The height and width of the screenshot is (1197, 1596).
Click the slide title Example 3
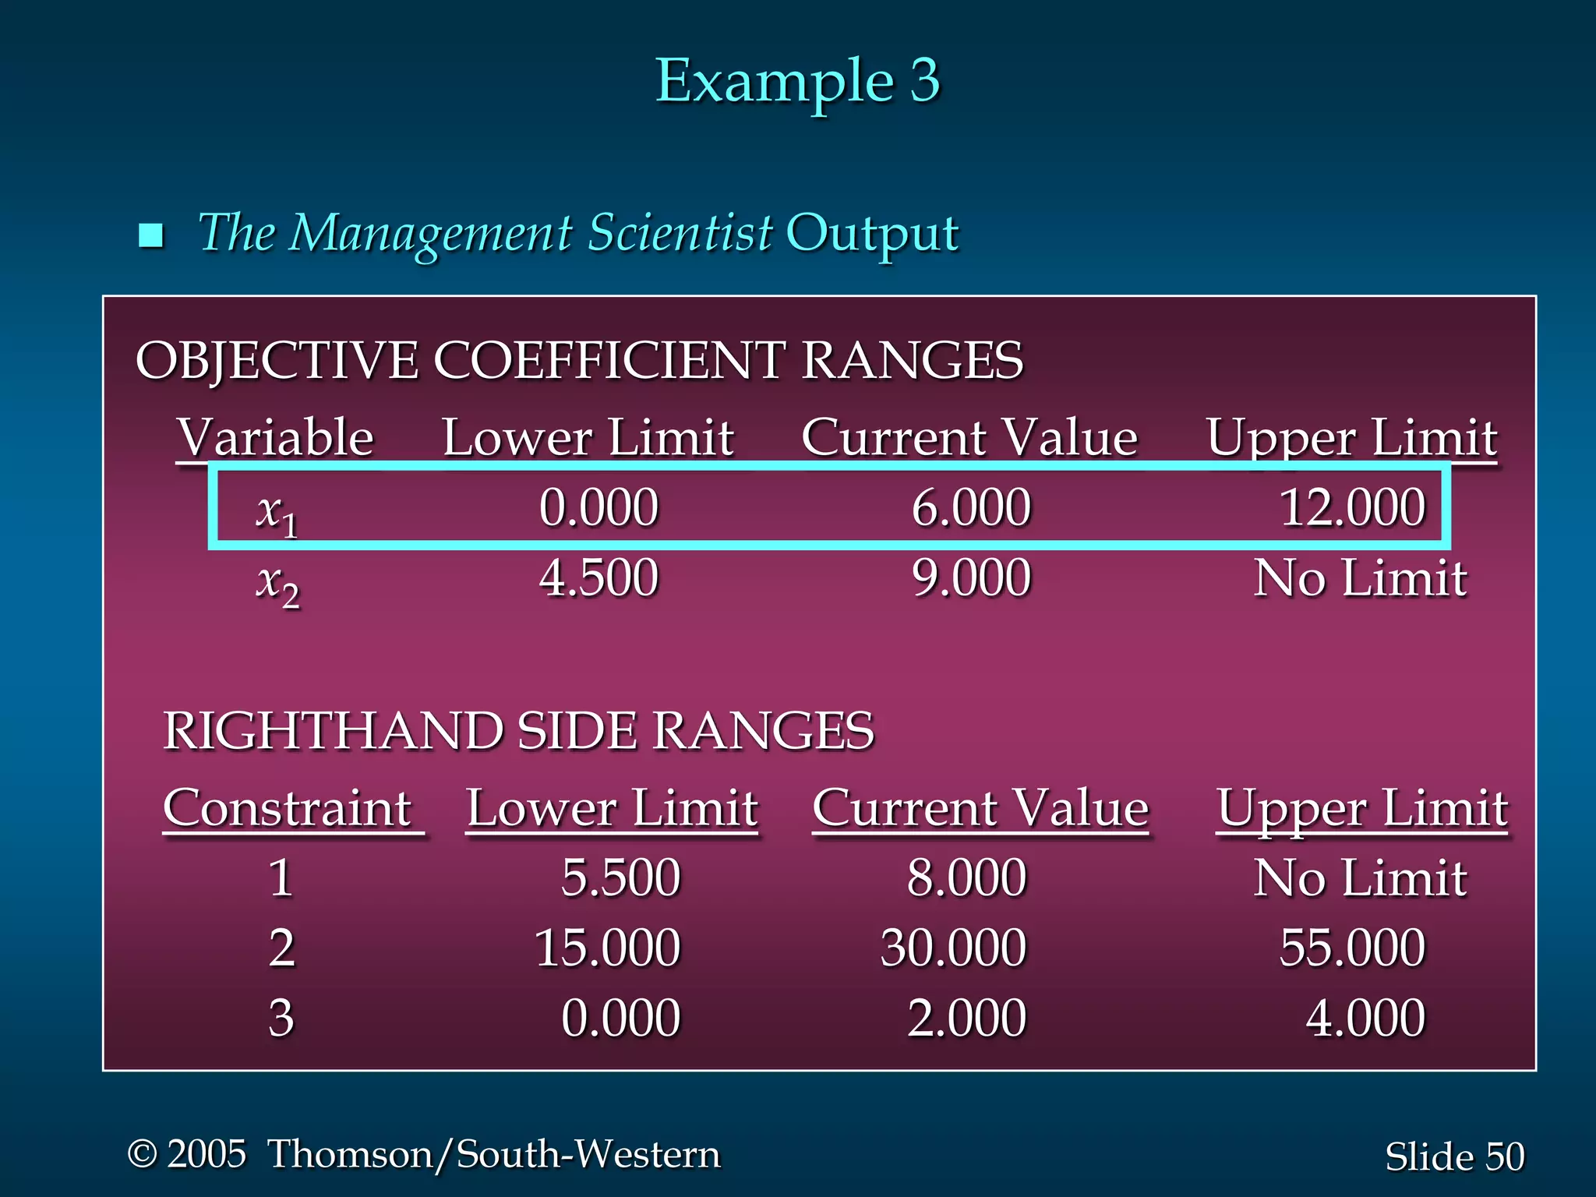pyautogui.click(x=797, y=81)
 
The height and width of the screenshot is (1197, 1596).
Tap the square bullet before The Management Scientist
pyautogui.click(x=150, y=235)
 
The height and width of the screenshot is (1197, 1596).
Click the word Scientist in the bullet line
pyautogui.click(x=680, y=232)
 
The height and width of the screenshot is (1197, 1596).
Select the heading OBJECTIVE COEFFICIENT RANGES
pyautogui.click(x=579, y=361)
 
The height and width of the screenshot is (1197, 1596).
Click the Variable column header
pyautogui.click(x=275, y=437)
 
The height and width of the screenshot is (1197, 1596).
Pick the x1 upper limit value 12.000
pyautogui.click(x=1352, y=507)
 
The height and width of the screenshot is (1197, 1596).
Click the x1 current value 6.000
pyautogui.click(x=971, y=507)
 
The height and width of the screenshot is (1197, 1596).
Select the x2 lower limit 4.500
pyautogui.click(x=598, y=578)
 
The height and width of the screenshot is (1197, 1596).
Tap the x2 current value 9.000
pyautogui.click(x=971, y=578)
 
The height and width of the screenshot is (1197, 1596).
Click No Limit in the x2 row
pyautogui.click(x=1360, y=578)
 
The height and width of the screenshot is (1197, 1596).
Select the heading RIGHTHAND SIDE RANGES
pyautogui.click(x=518, y=731)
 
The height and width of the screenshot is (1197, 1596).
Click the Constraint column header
pyautogui.click(x=288, y=808)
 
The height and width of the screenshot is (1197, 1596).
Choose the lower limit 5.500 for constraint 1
pyautogui.click(x=620, y=878)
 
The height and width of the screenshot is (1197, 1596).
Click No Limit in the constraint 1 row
pyautogui.click(x=1360, y=878)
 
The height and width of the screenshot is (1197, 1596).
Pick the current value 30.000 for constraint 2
pyautogui.click(x=953, y=948)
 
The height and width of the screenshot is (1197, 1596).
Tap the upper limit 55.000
pyautogui.click(x=1352, y=948)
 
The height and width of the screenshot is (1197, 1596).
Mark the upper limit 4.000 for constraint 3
pyautogui.click(x=1365, y=1019)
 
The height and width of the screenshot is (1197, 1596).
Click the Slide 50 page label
pyautogui.click(x=1454, y=1156)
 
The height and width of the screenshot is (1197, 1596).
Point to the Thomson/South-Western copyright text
pyautogui.click(x=424, y=1154)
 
